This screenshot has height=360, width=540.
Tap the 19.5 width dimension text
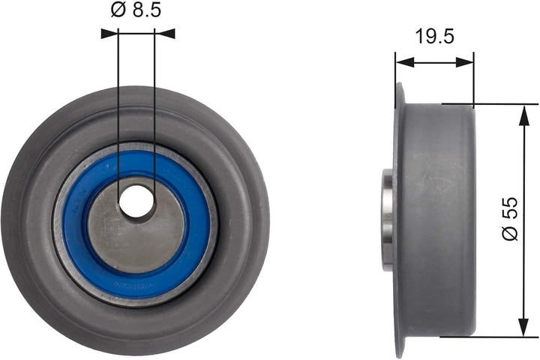[434, 36]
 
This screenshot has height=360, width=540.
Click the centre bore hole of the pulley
[136, 201]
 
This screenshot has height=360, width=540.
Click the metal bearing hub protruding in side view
[387, 219]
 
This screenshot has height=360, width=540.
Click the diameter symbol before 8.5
[117, 10]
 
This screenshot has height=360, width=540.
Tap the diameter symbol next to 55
[510, 235]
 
